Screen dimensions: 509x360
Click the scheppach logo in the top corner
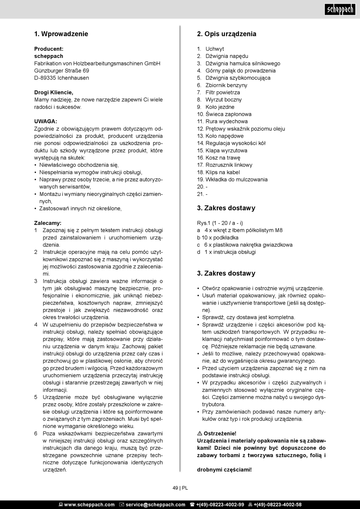point(340,9)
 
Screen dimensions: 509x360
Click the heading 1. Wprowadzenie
point(61,34)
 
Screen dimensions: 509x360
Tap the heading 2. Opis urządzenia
point(227,34)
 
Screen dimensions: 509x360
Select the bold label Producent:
point(49,49)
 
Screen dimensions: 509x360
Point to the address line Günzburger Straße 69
point(62,70)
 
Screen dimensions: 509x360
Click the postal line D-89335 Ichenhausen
point(62,78)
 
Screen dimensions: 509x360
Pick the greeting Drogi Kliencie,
point(54,92)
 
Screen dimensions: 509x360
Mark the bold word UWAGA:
point(45,122)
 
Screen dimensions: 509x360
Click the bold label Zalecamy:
point(48,223)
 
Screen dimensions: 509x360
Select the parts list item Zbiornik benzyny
point(226,85)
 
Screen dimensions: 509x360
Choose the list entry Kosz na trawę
point(223,158)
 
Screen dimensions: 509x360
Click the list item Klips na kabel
point(223,172)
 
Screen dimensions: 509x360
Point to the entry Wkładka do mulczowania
point(236,180)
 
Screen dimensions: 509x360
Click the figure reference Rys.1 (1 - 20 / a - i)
point(220,223)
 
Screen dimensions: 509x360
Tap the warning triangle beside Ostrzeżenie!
point(200,434)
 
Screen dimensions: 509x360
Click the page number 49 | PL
point(180,488)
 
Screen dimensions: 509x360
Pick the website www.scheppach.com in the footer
point(89,504)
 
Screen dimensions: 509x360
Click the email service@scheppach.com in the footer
point(155,504)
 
